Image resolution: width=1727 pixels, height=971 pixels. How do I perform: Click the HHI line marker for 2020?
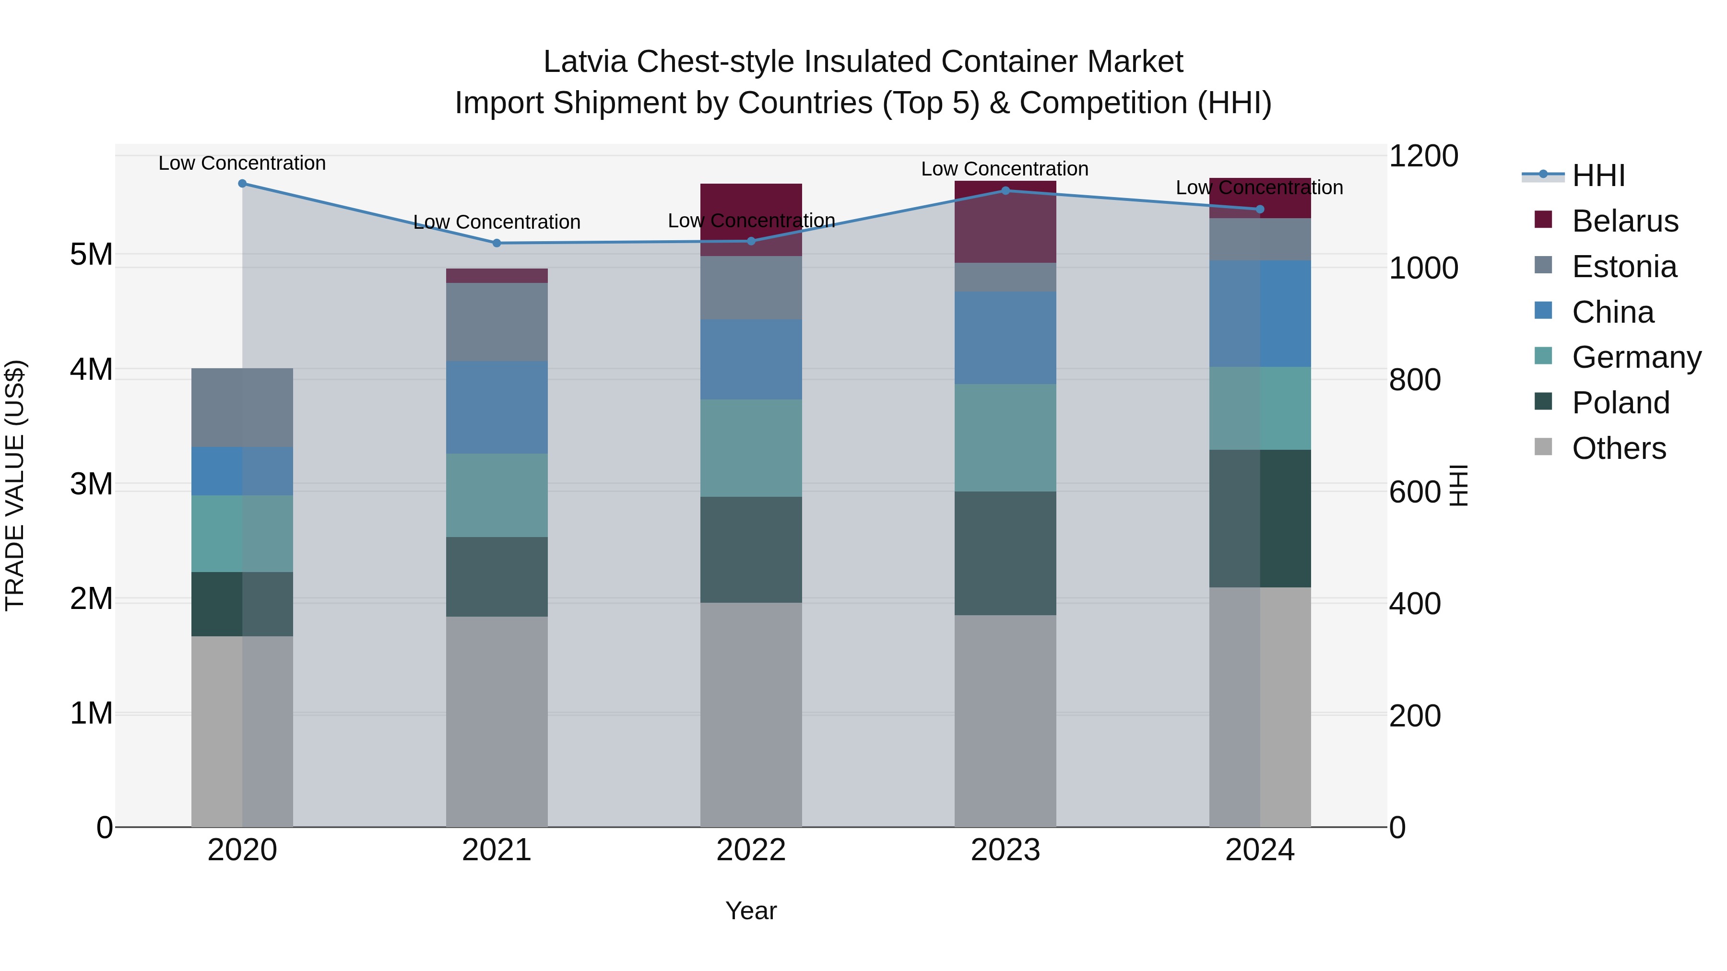(242, 184)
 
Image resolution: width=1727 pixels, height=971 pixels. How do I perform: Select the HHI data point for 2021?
(497, 243)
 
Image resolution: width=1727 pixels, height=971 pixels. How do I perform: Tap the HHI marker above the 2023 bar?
(1005, 191)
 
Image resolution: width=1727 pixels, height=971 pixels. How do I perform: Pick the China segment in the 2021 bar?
(497, 408)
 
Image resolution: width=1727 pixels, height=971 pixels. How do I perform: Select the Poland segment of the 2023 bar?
(1005, 553)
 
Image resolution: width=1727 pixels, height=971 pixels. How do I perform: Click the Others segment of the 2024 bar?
(1260, 707)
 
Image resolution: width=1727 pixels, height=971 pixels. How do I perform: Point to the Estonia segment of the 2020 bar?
(242, 408)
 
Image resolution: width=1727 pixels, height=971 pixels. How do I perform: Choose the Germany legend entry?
(1636, 357)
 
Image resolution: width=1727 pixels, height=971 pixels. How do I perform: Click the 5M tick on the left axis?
(91, 255)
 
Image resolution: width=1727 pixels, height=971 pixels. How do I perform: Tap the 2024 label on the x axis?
(1260, 850)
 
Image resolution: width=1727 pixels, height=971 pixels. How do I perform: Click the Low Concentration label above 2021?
(497, 222)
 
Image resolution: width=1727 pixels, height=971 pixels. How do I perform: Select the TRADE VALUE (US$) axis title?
(15, 485)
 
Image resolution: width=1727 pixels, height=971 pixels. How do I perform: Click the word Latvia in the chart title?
(585, 62)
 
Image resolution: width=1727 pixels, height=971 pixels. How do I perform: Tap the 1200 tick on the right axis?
(1423, 156)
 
